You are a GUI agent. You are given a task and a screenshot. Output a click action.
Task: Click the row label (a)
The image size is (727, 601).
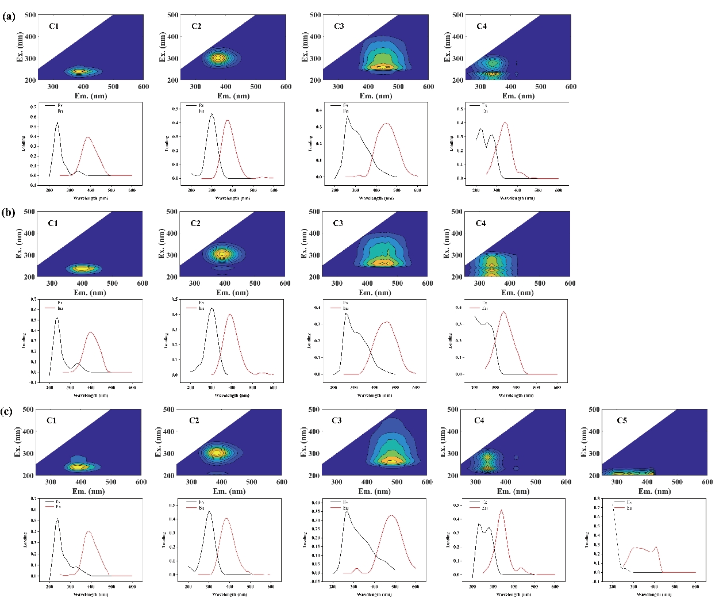point(8,16)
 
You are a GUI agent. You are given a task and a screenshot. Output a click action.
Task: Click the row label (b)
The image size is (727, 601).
point(8,212)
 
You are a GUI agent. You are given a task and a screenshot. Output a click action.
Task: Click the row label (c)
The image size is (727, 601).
point(7,411)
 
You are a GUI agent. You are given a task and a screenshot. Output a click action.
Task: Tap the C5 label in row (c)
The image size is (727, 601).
point(622,420)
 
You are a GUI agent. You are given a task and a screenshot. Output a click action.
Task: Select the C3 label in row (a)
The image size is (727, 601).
point(339,26)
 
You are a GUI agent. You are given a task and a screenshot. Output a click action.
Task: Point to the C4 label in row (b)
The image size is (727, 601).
point(480,223)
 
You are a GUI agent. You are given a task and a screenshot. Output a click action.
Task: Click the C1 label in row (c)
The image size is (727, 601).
point(52,420)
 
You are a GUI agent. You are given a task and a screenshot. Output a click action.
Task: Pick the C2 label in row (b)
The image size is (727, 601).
point(195,223)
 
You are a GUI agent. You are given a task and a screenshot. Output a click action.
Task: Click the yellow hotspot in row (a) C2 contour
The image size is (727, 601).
point(217,58)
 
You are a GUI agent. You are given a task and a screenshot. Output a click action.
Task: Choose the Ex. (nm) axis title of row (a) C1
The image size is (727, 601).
point(20,47)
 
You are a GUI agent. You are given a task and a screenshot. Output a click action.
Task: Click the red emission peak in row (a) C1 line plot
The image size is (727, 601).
point(88,137)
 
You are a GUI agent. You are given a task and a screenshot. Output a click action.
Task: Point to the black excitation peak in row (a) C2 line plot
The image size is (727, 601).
point(211,114)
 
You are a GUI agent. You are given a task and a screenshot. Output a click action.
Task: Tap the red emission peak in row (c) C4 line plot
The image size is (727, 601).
point(501,510)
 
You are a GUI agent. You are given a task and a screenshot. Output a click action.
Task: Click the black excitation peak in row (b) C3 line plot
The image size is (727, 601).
point(346,313)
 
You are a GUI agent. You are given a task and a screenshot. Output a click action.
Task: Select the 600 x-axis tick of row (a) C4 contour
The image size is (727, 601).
point(571,87)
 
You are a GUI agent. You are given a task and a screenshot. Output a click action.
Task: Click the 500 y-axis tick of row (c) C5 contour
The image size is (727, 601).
point(594,409)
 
